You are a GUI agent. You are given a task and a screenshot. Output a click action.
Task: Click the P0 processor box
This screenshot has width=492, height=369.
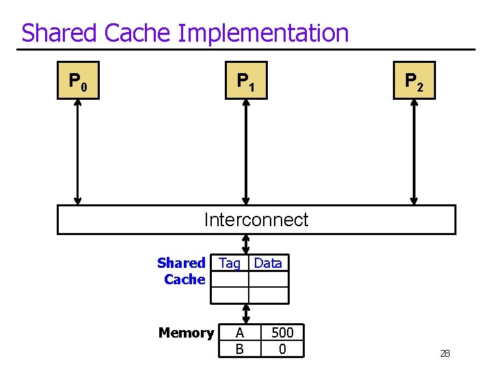(78, 81)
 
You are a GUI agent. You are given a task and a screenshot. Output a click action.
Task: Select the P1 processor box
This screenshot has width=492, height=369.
(246, 81)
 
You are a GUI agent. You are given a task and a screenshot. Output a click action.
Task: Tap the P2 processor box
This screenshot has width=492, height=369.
(414, 81)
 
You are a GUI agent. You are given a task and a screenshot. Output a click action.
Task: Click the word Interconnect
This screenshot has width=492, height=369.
(256, 219)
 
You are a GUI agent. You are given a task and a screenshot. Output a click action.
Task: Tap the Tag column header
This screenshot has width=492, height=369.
(230, 263)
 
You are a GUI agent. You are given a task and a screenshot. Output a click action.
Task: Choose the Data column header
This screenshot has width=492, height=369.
(268, 263)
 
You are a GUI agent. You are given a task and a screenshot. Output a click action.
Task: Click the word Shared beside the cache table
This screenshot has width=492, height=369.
(181, 263)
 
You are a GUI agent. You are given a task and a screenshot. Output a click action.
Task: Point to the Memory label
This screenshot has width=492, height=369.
(186, 333)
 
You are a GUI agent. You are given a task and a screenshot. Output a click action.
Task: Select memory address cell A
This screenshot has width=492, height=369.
(239, 333)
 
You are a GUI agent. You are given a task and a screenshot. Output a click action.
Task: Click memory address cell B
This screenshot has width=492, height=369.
(239, 349)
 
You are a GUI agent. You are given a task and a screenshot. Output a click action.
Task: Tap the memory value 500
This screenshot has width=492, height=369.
(282, 333)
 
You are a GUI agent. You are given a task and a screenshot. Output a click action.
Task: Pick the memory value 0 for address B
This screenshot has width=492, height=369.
(282, 349)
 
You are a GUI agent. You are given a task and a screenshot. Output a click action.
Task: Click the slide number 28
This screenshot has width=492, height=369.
(445, 353)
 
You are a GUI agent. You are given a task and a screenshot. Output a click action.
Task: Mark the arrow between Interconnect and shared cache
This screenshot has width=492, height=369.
(246, 244)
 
